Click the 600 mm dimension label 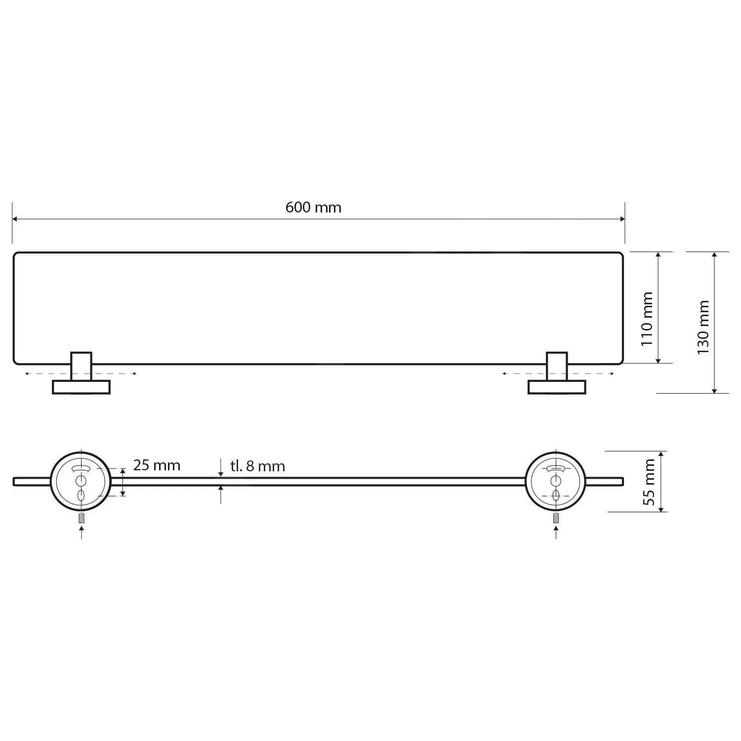pyautogui.click(x=313, y=207)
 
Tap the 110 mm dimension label pyautogui.click(x=647, y=319)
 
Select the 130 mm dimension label pyautogui.click(x=703, y=327)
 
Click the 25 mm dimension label pyautogui.click(x=157, y=465)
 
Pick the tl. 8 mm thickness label pyautogui.click(x=257, y=466)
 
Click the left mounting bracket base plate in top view pyautogui.click(x=81, y=387)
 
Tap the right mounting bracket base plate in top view pyautogui.click(x=557, y=387)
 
